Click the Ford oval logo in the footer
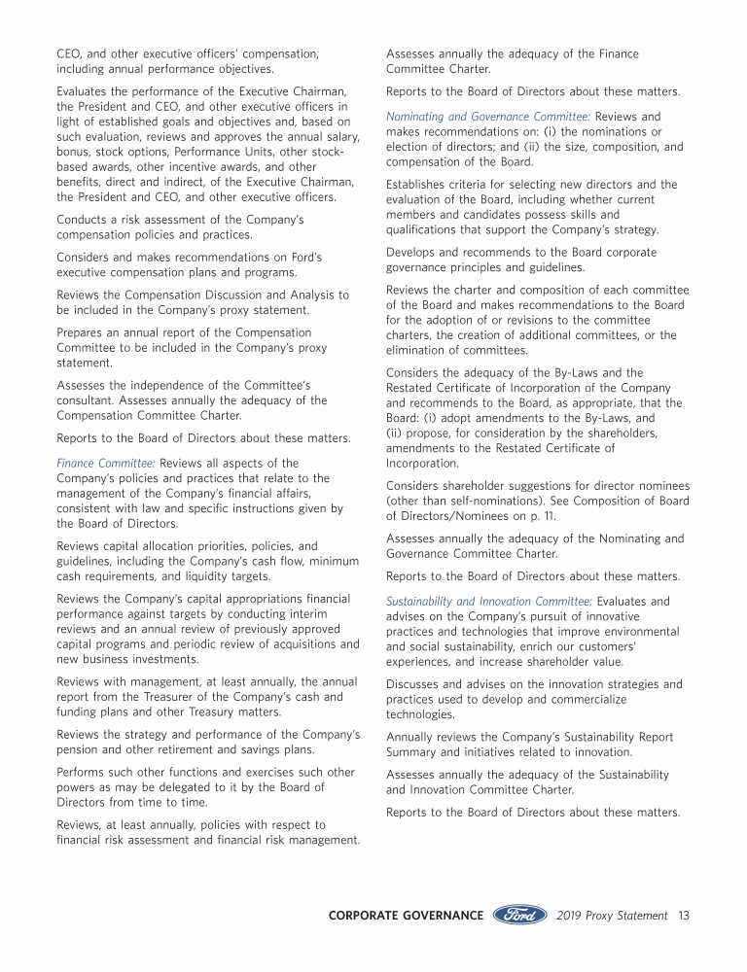tap(519, 915)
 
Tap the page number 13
tap(684, 916)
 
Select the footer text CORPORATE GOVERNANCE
tap(406, 916)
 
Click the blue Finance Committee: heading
tap(105, 463)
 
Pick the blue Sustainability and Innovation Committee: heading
tap(488, 602)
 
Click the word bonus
tap(75, 152)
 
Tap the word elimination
tap(418, 350)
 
